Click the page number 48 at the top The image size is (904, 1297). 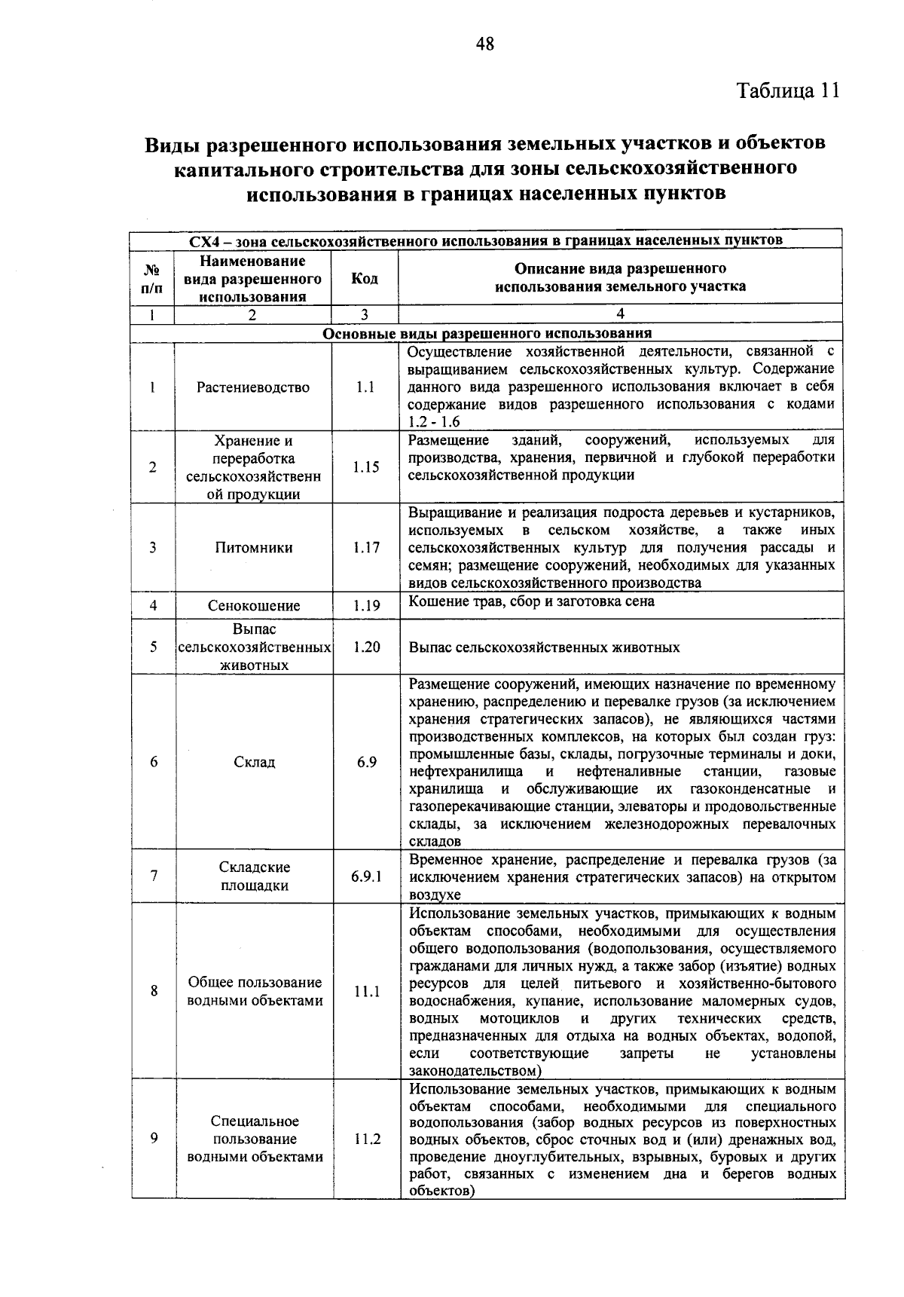485,44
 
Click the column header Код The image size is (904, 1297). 365,278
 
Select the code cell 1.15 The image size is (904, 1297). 365,467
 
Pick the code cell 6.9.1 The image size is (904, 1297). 366,876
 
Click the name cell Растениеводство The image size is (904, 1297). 253,387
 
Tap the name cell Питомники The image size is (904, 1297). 253,548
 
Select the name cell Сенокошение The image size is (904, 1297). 254,606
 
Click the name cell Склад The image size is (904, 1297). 254,762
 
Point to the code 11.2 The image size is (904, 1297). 367,1139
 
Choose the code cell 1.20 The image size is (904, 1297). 366,647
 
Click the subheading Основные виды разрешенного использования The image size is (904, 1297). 487,334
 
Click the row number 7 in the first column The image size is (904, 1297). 154,876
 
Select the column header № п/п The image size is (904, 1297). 152,278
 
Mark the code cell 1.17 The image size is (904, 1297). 366,548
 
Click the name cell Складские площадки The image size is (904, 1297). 254,876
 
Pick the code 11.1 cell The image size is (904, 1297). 367,992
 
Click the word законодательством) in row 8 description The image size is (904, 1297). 475,1071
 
